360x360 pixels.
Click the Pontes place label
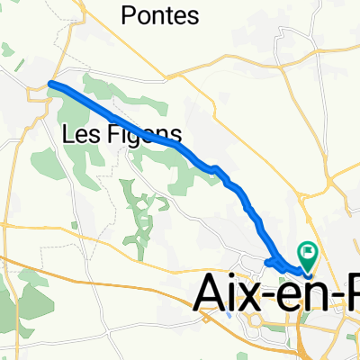tap(159, 16)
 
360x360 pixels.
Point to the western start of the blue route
tap(49, 85)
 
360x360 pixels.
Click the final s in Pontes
tap(192, 17)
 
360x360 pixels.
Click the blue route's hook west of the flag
tap(271, 262)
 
